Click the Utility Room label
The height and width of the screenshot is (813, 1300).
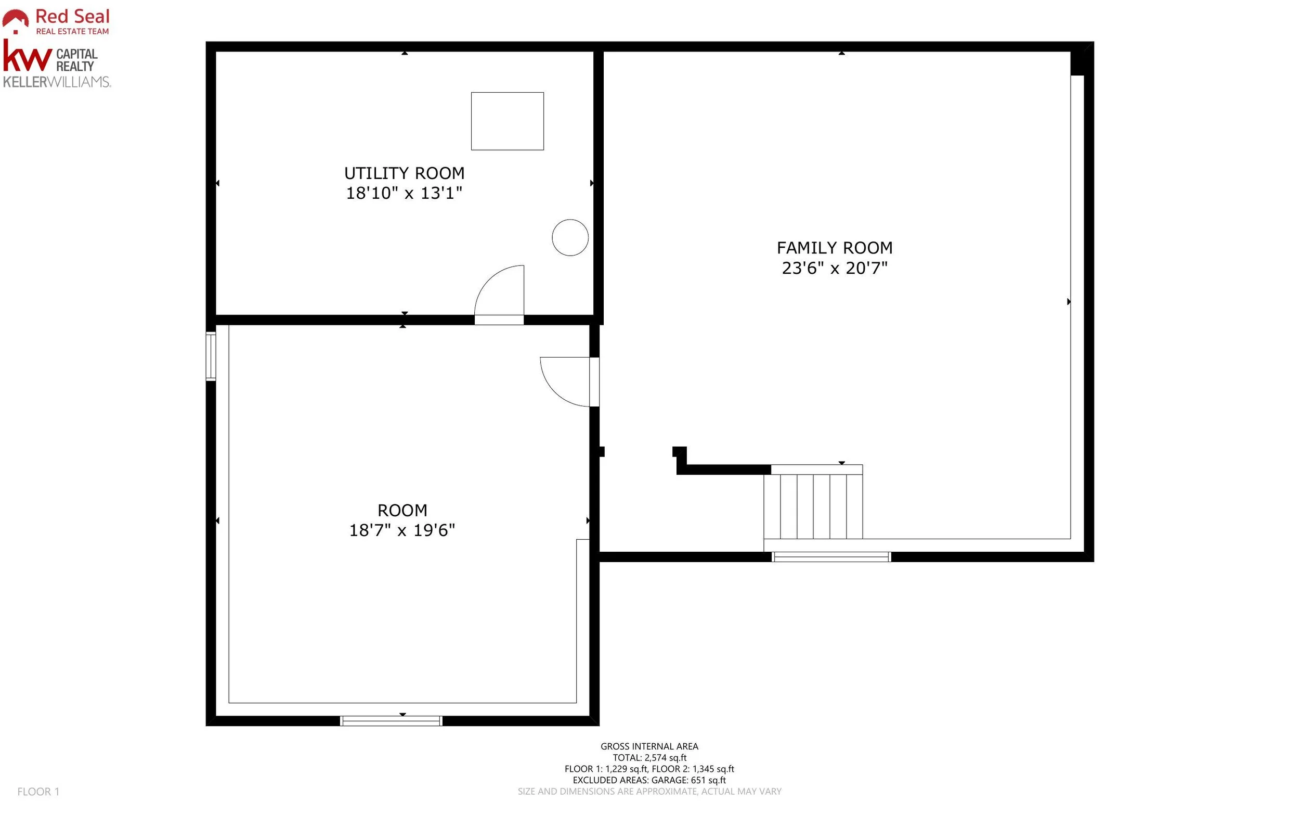coord(404,173)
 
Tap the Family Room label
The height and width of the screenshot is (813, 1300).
coord(834,248)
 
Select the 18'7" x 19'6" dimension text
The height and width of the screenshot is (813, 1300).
coord(402,530)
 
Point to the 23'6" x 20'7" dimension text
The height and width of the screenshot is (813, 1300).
coord(834,268)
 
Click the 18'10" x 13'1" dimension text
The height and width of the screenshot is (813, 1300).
coord(404,193)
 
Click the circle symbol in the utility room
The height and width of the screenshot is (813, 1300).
coord(570,238)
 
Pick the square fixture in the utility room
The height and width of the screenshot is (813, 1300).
coord(507,121)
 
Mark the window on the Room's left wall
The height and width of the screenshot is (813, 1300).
coord(211,357)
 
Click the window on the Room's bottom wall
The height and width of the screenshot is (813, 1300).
coord(391,720)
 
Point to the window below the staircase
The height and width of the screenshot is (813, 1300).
coord(831,557)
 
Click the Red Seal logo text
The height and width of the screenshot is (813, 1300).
coord(72,16)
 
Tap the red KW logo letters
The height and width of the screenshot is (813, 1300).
coord(27,56)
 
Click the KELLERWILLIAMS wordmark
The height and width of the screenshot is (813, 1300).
coord(57,82)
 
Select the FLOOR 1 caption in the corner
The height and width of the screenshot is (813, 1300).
coord(38,792)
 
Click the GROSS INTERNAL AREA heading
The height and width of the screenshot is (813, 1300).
coord(649,746)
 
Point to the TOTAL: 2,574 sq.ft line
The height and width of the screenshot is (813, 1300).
coord(649,758)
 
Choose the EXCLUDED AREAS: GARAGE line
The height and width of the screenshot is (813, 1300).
coord(649,780)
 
